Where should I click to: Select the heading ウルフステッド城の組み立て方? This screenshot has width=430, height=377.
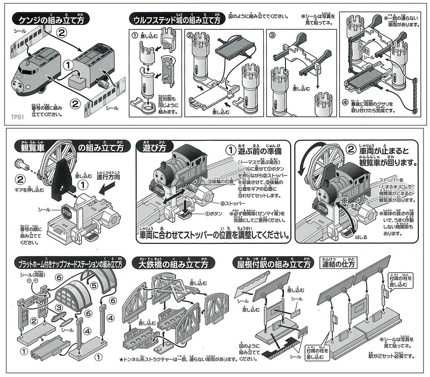pos(176,20)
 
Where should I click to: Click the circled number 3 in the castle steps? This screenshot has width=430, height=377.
pos(272,34)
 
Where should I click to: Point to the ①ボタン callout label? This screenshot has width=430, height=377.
pos(213,213)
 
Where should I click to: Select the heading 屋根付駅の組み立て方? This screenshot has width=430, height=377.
pos(273,265)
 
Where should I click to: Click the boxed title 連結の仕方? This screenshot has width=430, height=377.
pos(338,265)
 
